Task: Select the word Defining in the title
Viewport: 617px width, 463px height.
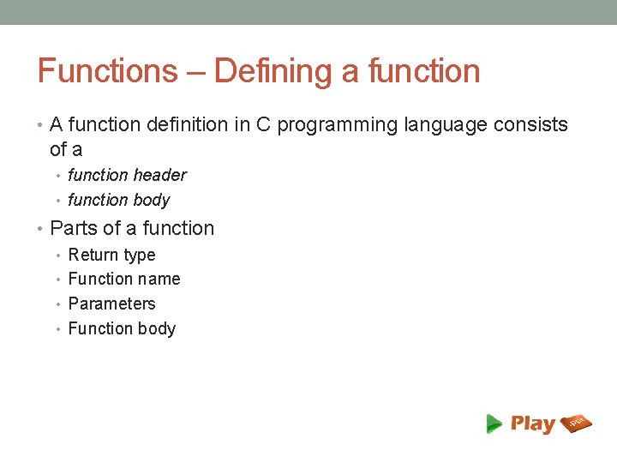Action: pos(273,71)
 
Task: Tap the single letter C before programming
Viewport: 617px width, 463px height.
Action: pos(263,125)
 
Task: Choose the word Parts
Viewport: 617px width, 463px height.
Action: pos(74,229)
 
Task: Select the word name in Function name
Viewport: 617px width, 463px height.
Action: pos(162,280)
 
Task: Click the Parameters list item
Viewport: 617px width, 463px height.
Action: pos(111,304)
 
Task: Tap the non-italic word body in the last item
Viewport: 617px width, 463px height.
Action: pos(156,329)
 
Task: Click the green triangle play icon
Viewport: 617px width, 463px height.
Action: pos(494,423)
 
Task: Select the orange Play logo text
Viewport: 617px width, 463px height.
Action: pos(532,424)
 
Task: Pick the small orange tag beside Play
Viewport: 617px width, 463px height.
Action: pos(576,422)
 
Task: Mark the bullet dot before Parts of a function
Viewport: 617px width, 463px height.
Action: pos(42,229)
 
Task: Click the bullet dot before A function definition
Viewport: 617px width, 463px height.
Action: pos(42,125)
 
